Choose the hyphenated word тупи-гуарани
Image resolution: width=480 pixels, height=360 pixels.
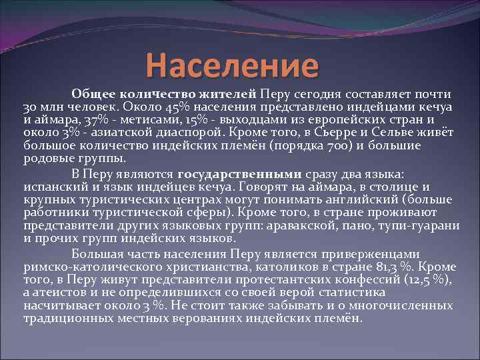[424, 225]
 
